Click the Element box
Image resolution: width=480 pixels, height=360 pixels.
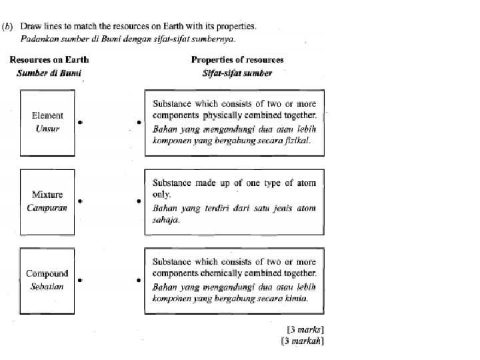(x=47, y=122)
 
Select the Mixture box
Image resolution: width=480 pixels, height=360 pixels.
(x=47, y=201)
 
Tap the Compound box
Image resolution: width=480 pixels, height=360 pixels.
(x=47, y=279)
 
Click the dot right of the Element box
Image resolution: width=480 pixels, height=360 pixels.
(x=80, y=122)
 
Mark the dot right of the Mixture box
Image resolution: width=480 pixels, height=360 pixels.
(x=80, y=201)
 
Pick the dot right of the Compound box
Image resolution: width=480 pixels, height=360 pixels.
(x=80, y=280)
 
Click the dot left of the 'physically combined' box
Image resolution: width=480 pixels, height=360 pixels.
(x=139, y=122)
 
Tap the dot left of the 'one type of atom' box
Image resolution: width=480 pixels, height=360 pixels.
(x=139, y=201)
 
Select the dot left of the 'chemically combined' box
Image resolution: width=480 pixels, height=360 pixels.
(x=139, y=280)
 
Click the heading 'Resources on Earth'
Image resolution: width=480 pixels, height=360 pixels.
(x=49, y=60)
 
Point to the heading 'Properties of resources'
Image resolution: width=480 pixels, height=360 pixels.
(x=237, y=60)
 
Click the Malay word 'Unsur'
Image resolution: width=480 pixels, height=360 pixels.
(x=47, y=128)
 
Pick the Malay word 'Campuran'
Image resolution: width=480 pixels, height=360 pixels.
(x=47, y=207)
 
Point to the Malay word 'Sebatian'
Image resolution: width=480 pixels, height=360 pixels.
(x=47, y=286)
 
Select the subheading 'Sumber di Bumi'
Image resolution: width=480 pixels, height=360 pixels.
(x=49, y=73)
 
